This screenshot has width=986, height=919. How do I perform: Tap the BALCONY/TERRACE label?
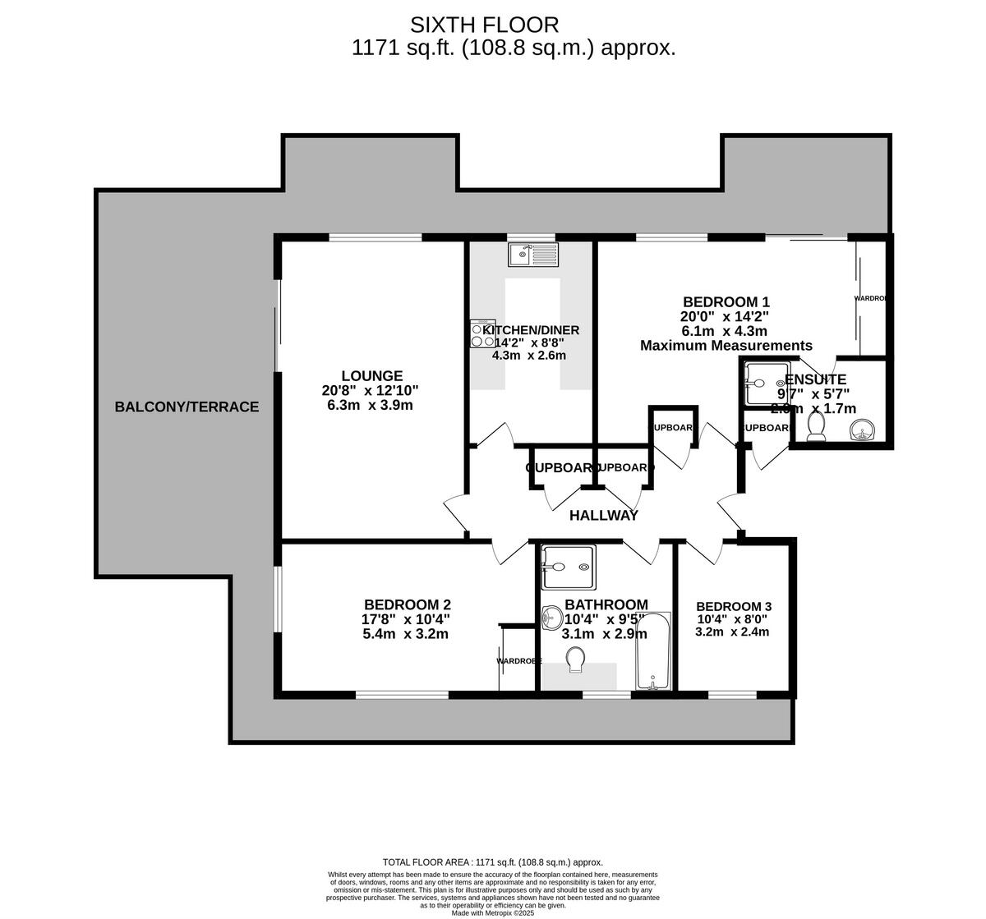pyautogui.click(x=187, y=407)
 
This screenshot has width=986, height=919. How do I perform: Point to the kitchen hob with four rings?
pyautogui.click(x=482, y=333)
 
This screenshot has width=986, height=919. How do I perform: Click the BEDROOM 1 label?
pyautogui.click(x=726, y=301)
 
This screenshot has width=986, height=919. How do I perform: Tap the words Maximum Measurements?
pyautogui.click(x=726, y=346)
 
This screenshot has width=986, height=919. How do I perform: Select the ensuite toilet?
pyautogui.click(x=816, y=426)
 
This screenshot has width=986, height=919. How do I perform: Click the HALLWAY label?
pyautogui.click(x=604, y=516)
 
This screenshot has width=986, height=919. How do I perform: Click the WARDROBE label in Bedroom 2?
pyautogui.click(x=518, y=660)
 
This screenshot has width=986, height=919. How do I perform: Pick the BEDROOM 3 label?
pyautogui.click(x=733, y=607)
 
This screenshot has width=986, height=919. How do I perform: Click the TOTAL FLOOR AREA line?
pyautogui.click(x=493, y=862)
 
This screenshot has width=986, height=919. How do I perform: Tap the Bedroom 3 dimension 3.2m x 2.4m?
pyautogui.click(x=732, y=632)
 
